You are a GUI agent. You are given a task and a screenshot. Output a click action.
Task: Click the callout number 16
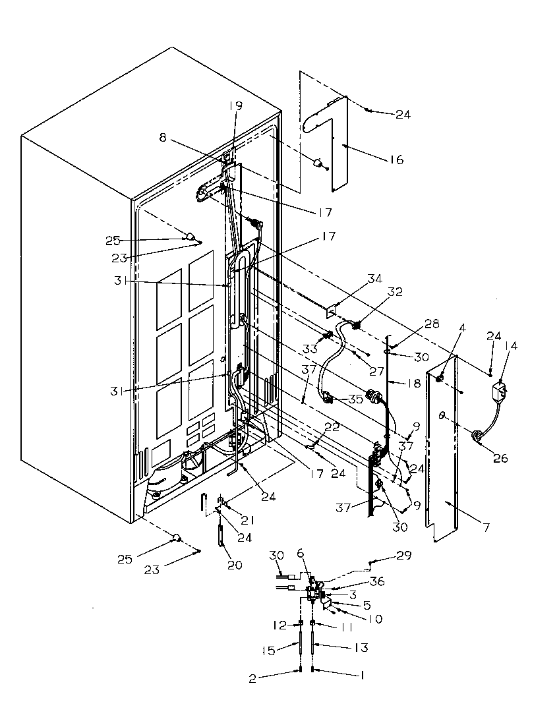coord(396,159)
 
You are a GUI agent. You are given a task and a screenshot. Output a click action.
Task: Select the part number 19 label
coord(236,105)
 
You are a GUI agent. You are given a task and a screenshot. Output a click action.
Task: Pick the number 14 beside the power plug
coord(511,345)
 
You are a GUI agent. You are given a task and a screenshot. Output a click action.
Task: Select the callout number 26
coord(500,458)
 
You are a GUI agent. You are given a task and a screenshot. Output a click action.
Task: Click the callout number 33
coord(309,349)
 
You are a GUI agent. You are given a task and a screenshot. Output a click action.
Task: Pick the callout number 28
coord(432,324)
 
